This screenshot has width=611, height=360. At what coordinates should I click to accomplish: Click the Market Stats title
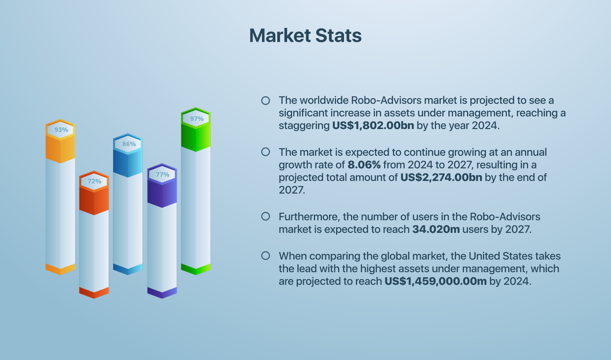coord(305,36)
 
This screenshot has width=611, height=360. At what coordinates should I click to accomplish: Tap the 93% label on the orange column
coord(61,130)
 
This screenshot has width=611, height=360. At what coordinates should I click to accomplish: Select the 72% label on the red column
coord(94,181)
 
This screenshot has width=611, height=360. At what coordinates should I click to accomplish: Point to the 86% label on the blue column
coord(129,144)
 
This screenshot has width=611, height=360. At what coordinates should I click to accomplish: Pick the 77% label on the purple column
coord(163,174)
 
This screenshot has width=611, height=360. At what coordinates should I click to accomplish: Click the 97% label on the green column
coord(197,119)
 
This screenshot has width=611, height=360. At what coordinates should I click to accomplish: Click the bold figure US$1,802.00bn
coord(373,126)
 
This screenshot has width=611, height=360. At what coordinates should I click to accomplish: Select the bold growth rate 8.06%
coord(364,165)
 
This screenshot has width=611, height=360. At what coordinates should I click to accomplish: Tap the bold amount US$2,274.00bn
coord(441,178)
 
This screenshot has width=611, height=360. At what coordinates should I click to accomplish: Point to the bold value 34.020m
coord(436,229)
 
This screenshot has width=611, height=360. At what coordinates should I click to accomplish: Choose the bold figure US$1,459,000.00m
coord(435,281)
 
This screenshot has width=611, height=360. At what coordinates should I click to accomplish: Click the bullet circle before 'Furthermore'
coord(265,216)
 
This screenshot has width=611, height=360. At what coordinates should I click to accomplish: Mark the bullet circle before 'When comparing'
coord(265,256)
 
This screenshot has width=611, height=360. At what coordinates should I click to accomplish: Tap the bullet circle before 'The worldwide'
coord(265,100)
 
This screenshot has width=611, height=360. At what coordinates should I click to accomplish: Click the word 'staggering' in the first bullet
coord(304,126)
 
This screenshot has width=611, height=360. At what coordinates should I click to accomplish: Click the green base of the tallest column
coord(196,269)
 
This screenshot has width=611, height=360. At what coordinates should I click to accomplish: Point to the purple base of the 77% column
coord(162,293)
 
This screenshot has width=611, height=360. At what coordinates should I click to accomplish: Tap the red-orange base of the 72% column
coord(94,293)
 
